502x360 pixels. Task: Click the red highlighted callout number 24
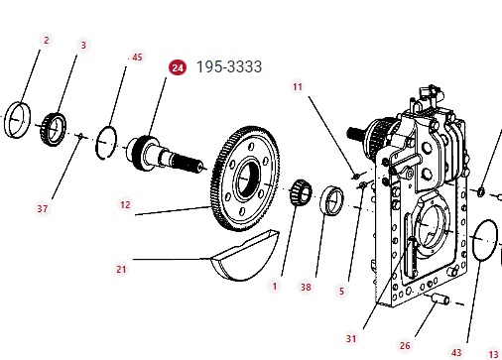pyautogui.click(x=178, y=67)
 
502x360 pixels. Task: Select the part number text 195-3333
pyautogui.click(x=229, y=66)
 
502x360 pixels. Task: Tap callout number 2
pyautogui.click(x=47, y=41)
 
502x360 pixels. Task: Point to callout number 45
pyautogui.click(x=137, y=57)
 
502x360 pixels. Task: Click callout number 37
pyautogui.click(x=42, y=208)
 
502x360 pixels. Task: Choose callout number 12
pyautogui.click(x=125, y=204)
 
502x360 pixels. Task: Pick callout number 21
pyautogui.click(x=121, y=269)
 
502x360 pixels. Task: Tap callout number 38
pyautogui.click(x=306, y=287)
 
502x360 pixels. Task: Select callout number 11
pyautogui.click(x=298, y=86)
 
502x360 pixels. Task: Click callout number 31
pyautogui.click(x=351, y=338)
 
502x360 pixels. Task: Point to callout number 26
pyautogui.click(x=405, y=345)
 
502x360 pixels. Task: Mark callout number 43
pyautogui.click(x=456, y=352)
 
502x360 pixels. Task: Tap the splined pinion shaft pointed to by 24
pyautogui.click(x=165, y=155)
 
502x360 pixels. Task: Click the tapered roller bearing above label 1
pyautogui.click(x=301, y=192)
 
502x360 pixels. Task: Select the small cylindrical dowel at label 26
pyautogui.click(x=440, y=299)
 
